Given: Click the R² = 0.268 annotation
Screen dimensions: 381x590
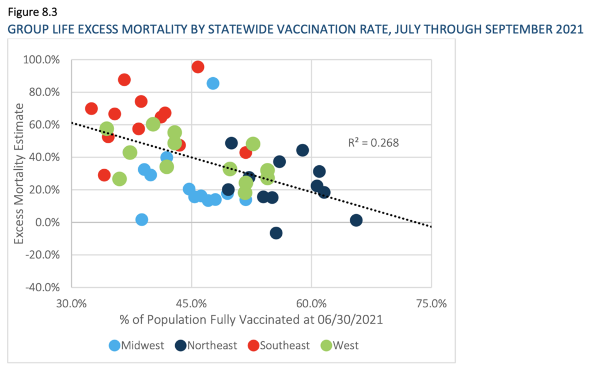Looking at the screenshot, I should click(373, 142).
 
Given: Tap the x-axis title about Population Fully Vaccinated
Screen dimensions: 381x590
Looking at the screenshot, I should click(251, 319).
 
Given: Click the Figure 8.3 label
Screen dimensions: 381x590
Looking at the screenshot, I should click(32, 10).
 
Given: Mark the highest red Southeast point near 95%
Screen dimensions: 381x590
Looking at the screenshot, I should click(198, 67).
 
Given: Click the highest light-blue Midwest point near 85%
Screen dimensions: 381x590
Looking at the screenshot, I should click(213, 83).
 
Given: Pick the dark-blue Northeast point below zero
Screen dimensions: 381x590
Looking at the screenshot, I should click(276, 233).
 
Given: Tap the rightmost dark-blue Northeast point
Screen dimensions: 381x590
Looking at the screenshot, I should click(356, 220).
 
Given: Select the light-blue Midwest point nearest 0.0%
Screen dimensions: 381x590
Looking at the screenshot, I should click(142, 220).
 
